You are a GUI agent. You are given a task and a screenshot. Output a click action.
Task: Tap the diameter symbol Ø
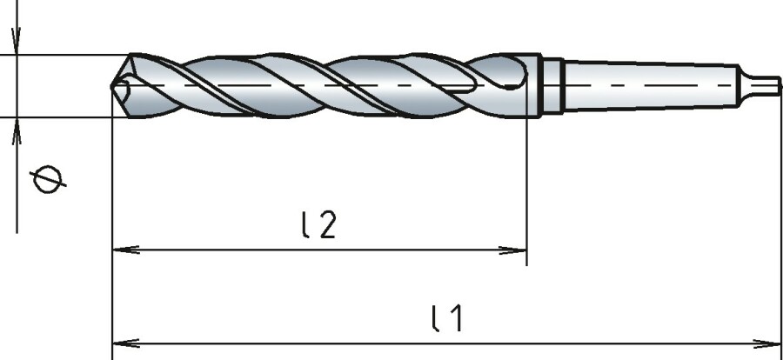pos(46,180)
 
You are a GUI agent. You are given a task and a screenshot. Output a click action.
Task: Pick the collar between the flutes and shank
pos(552,84)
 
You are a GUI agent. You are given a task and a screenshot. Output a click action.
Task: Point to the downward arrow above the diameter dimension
pos(17,42)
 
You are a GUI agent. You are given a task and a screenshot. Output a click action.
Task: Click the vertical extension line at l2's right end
pos(527,191)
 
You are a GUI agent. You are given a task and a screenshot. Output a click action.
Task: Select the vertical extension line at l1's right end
pos(780,217)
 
